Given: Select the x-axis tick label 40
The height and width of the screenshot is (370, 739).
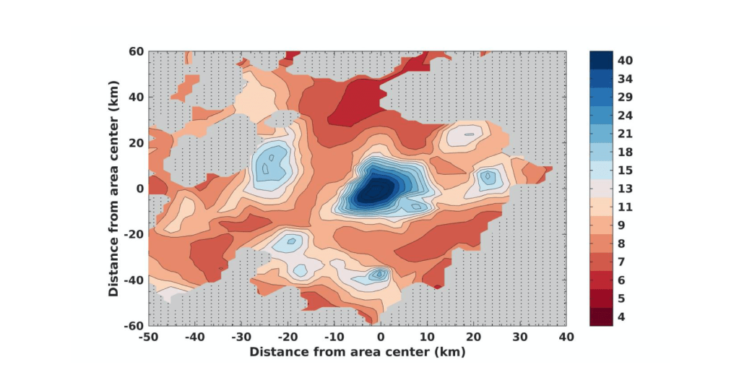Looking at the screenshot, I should (566, 337).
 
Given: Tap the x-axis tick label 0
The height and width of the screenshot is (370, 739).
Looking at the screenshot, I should (381, 337).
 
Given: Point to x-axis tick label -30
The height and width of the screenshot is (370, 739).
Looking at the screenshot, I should (241, 337).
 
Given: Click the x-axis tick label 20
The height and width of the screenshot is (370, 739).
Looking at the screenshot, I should (473, 337).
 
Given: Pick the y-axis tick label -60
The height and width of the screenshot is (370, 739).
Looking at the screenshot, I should (133, 325).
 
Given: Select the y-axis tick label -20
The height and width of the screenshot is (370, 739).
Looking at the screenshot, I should (133, 234).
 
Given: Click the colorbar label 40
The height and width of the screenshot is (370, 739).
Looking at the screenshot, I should (626, 60).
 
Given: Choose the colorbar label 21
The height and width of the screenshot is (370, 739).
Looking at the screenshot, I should (626, 134).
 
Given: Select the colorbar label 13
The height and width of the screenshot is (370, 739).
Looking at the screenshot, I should (626, 189).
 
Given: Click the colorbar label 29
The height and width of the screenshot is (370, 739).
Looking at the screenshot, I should (626, 97).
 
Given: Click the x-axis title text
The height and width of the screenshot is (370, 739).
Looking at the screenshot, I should (357, 352).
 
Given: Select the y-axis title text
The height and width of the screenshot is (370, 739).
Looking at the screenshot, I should (113, 189).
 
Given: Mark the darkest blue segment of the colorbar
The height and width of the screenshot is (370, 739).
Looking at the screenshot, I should (602, 60).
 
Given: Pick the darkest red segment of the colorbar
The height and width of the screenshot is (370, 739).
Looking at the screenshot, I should (602, 317).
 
